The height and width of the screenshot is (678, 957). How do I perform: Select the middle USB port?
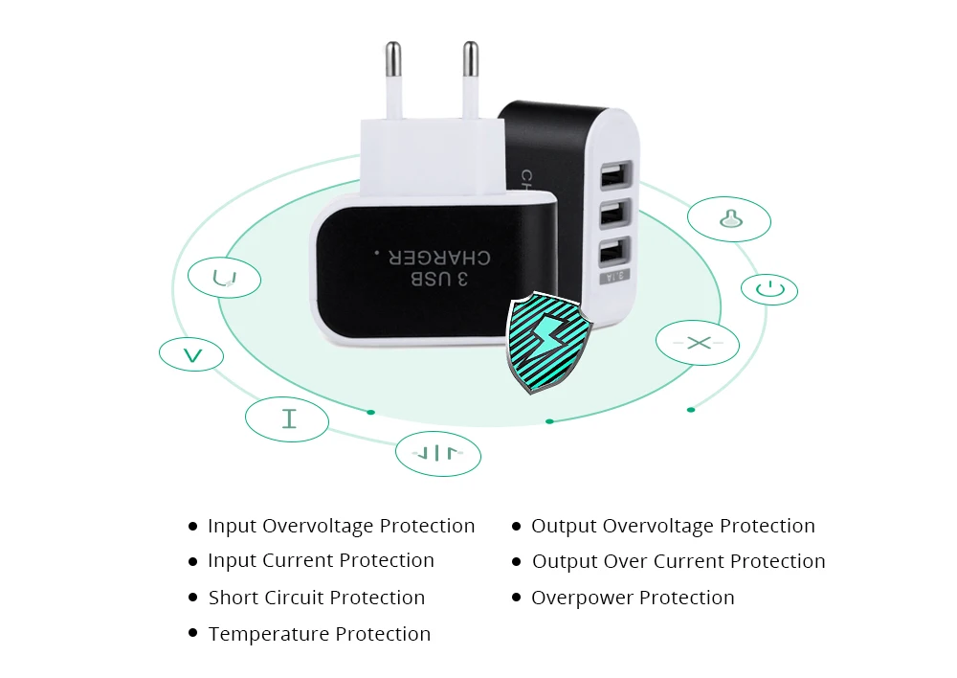tap(614, 214)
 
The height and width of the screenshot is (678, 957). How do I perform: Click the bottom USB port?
tap(614, 252)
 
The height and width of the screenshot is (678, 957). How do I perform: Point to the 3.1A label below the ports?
tap(615, 276)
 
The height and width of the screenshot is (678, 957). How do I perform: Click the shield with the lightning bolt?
tap(548, 342)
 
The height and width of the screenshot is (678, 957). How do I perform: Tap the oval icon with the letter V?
tap(191, 354)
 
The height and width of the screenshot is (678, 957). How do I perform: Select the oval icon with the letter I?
tap(287, 419)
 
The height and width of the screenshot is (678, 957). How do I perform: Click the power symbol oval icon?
tap(769, 289)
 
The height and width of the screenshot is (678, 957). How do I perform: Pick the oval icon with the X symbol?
tap(698, 343)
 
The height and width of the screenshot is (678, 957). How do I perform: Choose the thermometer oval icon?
tap(728, 219)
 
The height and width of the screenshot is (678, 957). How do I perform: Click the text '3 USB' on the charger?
tap(439, 279)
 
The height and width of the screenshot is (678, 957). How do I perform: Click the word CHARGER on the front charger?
tap(439, 258)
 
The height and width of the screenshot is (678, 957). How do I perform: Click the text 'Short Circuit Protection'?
tap(316, 598)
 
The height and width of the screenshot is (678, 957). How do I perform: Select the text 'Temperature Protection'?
tap(320, 634)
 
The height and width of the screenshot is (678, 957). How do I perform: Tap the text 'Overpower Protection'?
tap(633, 598)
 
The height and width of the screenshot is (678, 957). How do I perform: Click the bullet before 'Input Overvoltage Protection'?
tap(193, 526)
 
